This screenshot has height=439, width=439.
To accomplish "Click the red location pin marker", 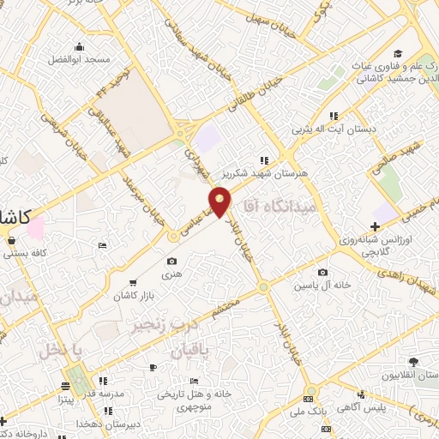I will tap(221, 202).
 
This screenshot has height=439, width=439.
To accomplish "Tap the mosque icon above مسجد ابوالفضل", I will tap(80, 47).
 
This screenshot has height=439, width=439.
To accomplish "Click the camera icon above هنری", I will tap(172, 262).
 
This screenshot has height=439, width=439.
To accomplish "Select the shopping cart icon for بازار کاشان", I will tap(132, 282).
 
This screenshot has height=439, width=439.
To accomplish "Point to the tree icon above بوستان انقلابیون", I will tap(415, 364).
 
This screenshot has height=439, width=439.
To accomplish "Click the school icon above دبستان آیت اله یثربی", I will tap(334, 116).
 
